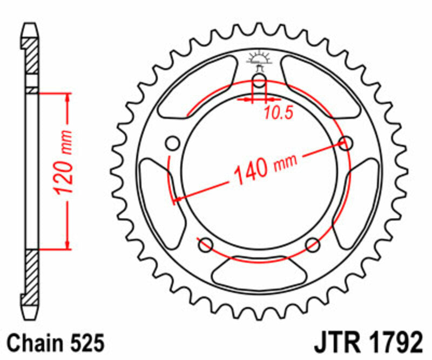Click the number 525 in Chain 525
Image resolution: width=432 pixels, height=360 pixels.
point(84,344)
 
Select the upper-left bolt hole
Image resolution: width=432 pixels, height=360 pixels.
point(173,144)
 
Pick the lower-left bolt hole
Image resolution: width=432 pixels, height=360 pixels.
point(205,245)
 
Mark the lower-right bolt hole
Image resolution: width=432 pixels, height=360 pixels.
point(313,245)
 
